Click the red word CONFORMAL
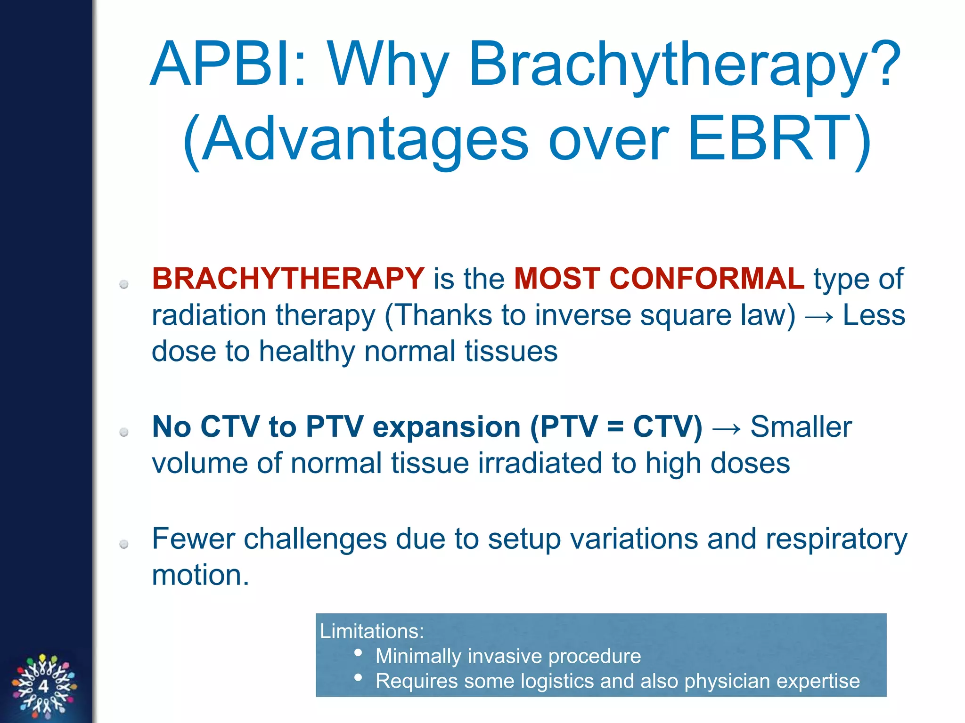707,278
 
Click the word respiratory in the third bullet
836,539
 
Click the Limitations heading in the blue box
372,631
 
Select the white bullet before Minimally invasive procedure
358,653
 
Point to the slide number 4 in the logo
43,686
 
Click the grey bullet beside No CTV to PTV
124,432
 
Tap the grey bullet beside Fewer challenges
124,544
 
